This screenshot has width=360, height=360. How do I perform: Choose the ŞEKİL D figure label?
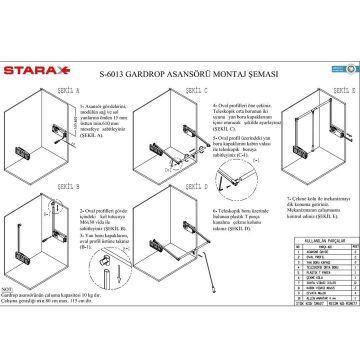pyautogui.click(x=168, y=187)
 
